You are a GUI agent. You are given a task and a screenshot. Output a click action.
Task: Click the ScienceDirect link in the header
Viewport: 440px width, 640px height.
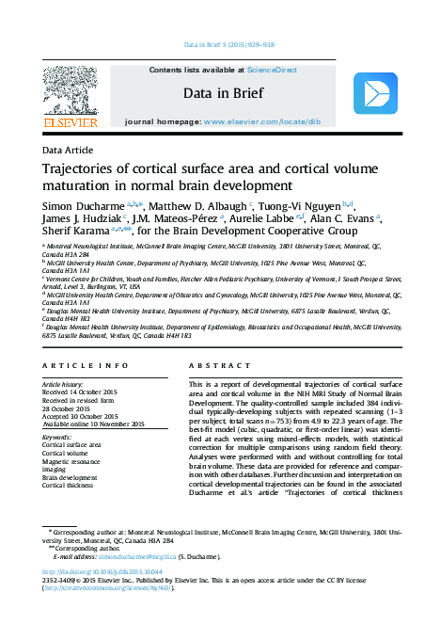[274, 70]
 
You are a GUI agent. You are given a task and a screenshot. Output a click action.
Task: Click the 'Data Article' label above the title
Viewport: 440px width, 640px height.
[69, 151]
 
